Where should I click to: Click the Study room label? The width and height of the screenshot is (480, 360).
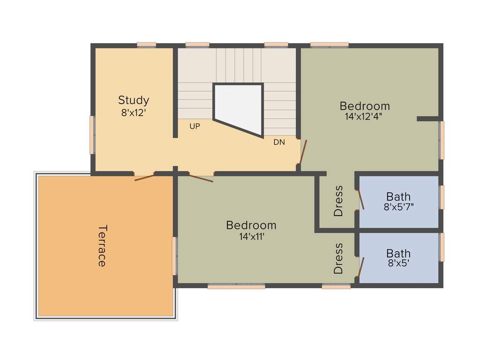(134, 100)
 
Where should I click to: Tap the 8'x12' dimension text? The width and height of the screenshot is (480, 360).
(134, 112)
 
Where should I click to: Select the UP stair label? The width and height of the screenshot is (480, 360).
(195, 126)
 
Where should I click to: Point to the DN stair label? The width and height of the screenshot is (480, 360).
(279, 142)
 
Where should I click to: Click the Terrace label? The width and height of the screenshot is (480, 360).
(102, 246)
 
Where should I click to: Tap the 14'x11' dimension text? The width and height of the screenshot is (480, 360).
(252, 237)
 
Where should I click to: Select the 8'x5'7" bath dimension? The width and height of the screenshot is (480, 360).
(398, 207)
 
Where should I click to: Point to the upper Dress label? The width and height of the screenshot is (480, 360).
(338, 201)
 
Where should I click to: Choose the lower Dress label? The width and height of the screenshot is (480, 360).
(338, 258)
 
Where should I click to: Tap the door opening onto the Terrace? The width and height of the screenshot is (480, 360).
(144, 177)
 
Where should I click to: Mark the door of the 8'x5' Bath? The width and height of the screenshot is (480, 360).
(360, 267)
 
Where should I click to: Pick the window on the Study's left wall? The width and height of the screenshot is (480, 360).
(92, 135)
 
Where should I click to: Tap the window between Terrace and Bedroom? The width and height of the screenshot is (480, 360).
(174, 256)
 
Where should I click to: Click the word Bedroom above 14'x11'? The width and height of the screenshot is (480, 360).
(251, 225)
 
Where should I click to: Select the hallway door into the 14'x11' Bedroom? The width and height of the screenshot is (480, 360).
(201, 177)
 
